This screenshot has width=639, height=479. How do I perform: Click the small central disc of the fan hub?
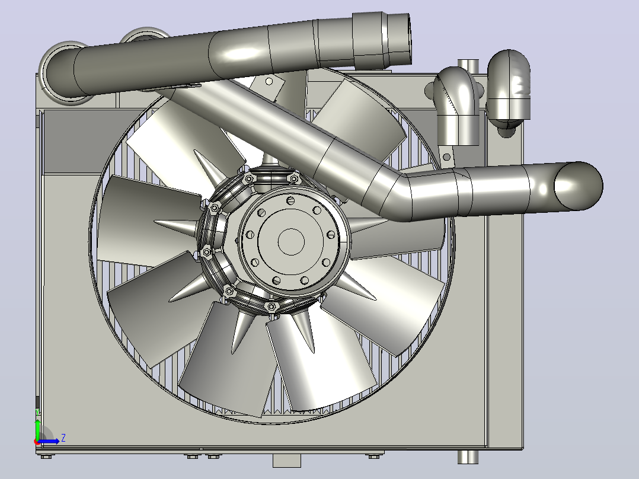pyautogui.click(x=291, y=241)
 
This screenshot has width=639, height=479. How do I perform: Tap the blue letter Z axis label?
pyautogui.click(x=63, y=438)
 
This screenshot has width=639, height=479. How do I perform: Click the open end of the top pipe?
pyautogui.click(x=401, y=39)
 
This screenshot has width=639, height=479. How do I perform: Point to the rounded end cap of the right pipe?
pyautogui.click(x=579, y=186)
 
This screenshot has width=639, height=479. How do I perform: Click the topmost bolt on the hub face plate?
pyautogui.click(x=290, y=200)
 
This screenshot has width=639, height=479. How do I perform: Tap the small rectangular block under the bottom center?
pyautogui.click(x=286, y=461)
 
